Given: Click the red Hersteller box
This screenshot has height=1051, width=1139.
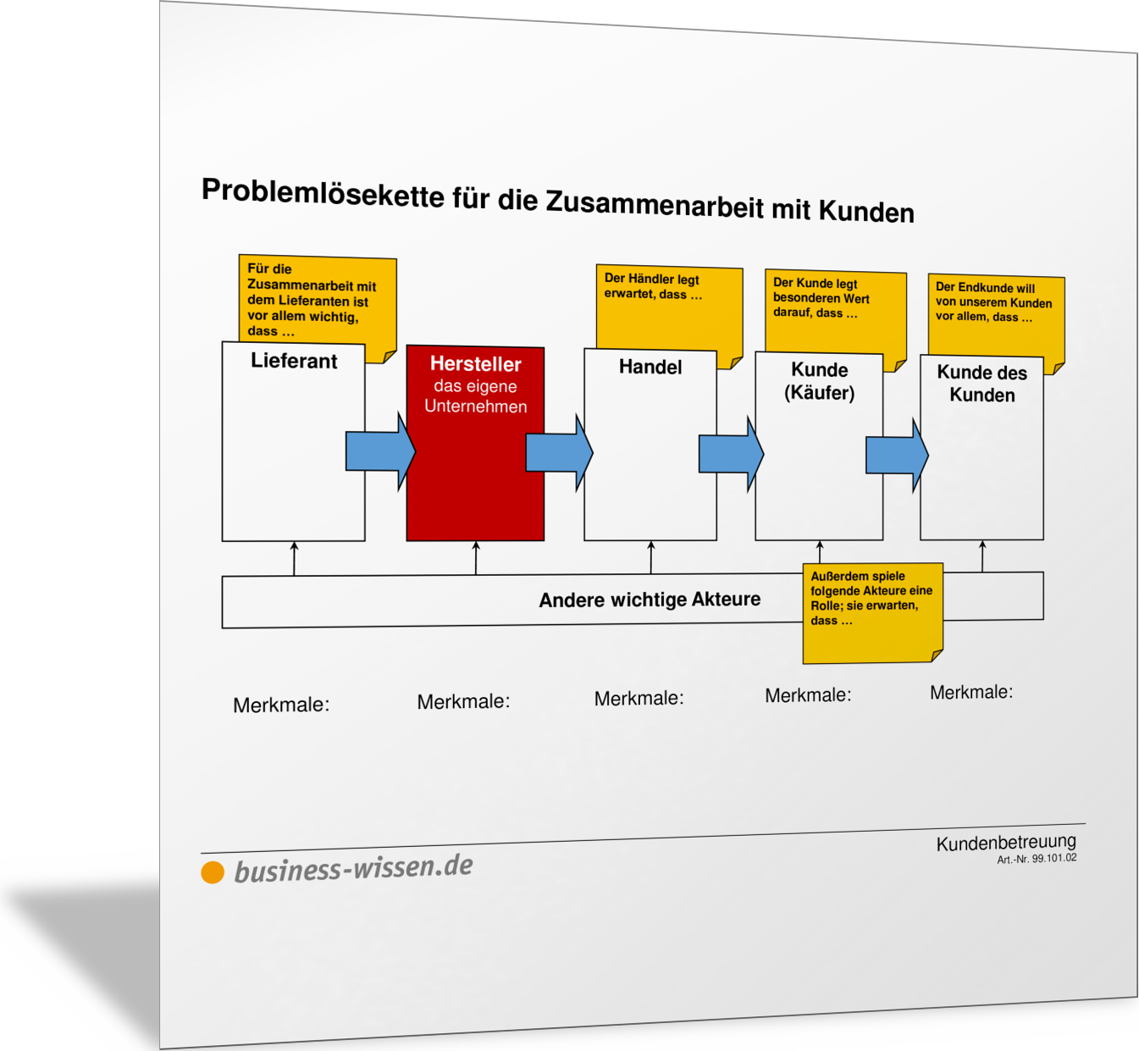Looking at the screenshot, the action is (x=475, y=443).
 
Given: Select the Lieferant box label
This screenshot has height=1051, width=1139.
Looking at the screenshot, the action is (x=294, y=361).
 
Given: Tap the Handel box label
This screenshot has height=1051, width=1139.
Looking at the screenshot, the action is (x=650, y=367).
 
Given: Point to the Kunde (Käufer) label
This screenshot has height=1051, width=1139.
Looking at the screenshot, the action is (x=820, y=381).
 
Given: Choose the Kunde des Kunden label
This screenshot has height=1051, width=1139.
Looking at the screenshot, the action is (x=981, y=384).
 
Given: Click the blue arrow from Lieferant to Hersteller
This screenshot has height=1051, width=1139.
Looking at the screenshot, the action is (x=380, y=451).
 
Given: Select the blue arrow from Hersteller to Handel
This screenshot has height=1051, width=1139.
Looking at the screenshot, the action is (x=559, y=452).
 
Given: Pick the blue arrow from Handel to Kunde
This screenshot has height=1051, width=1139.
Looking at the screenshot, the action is (x=731, y=454).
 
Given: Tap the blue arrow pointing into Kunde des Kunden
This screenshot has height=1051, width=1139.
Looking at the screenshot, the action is (x=897, y=455).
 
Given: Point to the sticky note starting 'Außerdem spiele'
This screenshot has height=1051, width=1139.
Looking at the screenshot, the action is (x=873, y=613).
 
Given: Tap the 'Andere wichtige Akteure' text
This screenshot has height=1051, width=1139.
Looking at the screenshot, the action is (x=650, y=600).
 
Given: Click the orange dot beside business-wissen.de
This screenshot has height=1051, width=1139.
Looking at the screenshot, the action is (x=213, y=872).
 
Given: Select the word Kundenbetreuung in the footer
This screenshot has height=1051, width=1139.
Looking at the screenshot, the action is (x=1006, y=843).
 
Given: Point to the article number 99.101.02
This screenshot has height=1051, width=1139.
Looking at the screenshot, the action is (x=1054, y=858).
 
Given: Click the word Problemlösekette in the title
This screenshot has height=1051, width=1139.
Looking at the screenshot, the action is (x=323, y=193).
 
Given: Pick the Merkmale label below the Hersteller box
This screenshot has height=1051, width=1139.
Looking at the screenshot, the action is (x=463, y=701).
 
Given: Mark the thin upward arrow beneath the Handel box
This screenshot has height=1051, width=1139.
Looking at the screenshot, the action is (x=651, y=557).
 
